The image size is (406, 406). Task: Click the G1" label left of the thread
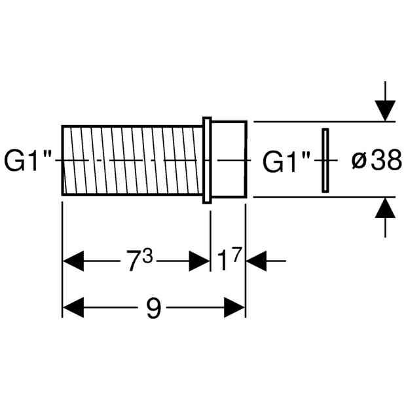[x=28, y=161]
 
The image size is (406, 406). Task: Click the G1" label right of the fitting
[x=286, y=162]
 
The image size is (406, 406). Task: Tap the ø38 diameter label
[x=377, y=160]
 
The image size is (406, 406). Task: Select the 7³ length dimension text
[x=139, y=259]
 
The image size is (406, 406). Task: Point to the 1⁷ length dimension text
[x=230, y=259]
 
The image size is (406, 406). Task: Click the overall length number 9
[x=154, y=308]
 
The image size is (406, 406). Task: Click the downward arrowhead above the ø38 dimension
[x=385, y=111]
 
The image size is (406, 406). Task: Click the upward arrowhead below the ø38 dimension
[x=385, y=208]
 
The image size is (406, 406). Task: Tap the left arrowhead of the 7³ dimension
[x=73, y=261]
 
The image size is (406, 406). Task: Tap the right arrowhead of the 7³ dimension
[x=199, y=261]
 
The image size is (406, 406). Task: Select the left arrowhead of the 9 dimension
[x=73, y=308]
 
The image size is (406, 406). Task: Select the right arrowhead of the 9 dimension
[x=234, y=308]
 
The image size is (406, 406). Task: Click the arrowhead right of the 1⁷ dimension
[x=256, y=261]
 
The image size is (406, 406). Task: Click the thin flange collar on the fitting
[x=207, y=160]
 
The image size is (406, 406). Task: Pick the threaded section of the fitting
[x=132, y=160]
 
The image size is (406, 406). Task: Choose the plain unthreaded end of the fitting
[x=229, y=159]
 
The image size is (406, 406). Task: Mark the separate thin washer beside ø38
[x=325, y=160]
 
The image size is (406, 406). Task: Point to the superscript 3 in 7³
[x=147, y=255]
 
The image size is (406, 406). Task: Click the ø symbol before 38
[x=359, y=161]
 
